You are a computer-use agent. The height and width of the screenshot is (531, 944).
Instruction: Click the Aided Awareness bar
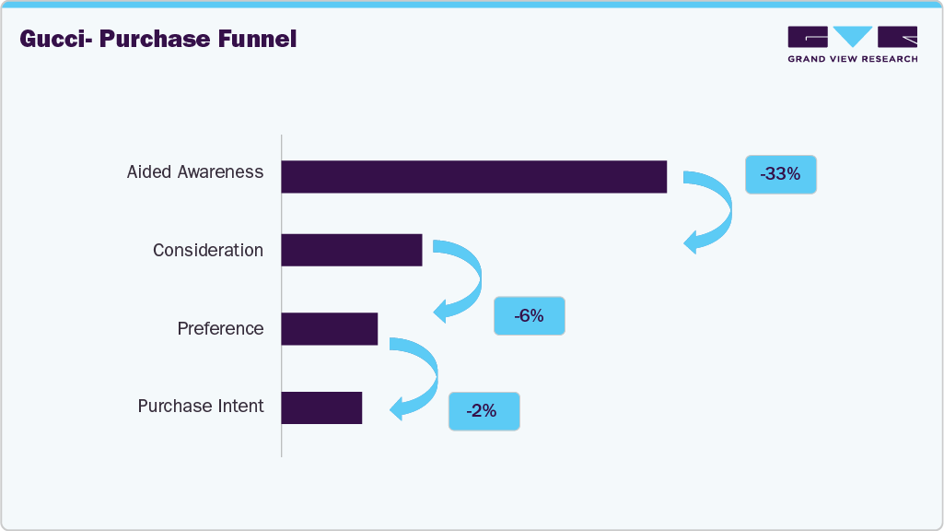pyautogui.click(x=473, y=177)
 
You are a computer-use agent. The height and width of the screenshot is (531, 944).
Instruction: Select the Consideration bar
pyautogui.click(x=351, y=250)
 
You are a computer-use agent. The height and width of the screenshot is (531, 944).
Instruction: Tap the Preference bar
pyautogui.click(x=329, y=328)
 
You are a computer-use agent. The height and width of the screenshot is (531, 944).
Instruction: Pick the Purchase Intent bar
pyautogui.click(x=321, y=407)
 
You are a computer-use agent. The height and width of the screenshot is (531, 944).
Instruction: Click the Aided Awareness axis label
pyautogui.click(x=195, y=172)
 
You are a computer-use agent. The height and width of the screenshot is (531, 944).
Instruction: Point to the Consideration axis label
pyautogui.click(x=208, y=251)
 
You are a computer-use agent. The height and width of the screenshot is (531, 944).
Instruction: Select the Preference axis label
pyautogui.click(x=220, y=329)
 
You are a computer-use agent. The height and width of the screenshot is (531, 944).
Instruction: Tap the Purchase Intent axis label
pyautogui.click(x=201, y=407)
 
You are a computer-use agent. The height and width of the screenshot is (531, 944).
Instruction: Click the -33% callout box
pyautogui.click(x=780, y=173)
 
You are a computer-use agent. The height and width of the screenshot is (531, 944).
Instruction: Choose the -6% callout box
pyautogui.click(x=529, y=316)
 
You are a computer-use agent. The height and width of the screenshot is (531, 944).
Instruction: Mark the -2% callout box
pyautogui.click(x=484, y=411)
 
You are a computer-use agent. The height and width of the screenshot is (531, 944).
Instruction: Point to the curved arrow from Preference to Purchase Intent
pyautogui.click(x=426, y=376)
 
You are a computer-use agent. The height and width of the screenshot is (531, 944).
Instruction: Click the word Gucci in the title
pyautogui.click(x=55, y=40)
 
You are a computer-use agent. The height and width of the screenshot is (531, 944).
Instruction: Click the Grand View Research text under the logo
pyautogui.click(x=852, y=59)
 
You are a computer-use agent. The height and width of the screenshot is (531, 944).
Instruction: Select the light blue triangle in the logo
pyautogui.click(x=852, y=36)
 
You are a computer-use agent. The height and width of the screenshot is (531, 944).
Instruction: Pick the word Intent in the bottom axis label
pyautogui.click(x=240, y=407)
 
